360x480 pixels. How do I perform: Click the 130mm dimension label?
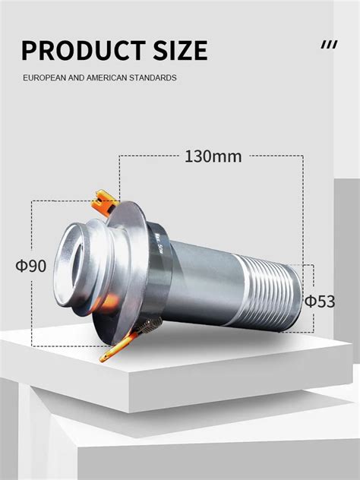click(213, 157)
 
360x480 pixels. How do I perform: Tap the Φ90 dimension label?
click(31, 267)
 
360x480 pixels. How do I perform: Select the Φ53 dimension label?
click(320, 302)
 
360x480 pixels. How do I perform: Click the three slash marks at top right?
click(329, 45)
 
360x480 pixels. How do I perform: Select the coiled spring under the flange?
click(149, 327)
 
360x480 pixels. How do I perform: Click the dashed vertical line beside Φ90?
click(31, 228)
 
